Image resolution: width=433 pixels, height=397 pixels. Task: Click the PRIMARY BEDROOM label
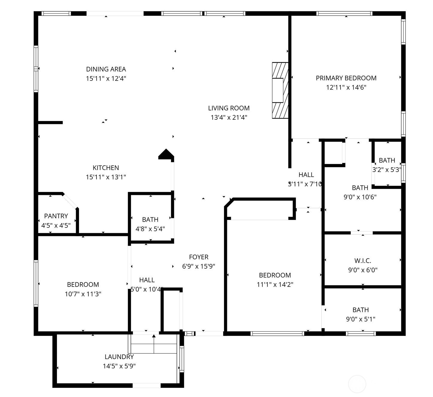click(x=346, y=78)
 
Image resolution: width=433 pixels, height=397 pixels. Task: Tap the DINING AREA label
click(x=106, y=69)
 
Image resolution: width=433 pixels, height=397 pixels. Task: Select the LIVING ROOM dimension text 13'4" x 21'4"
click(x=229, y=117)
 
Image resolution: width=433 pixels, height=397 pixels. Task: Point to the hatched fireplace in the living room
click(x=280, y=90)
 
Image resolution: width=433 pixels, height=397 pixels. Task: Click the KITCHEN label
click(x=106, y=168)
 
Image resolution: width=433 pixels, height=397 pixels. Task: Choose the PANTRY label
click(x=56, y=216)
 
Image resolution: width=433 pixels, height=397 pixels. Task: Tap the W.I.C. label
click(x=363, y=260)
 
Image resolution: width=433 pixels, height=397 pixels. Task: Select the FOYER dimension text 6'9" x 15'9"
click(x=199, y=266)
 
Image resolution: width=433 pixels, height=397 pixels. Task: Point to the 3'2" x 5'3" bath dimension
click(x=387, y=170)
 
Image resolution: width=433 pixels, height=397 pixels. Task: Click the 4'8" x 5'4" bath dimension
click(x=150, y=229)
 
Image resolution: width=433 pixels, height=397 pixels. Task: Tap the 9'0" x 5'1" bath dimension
click(x=361, y=319)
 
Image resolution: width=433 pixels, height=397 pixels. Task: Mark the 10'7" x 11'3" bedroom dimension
click(x=83, y=294)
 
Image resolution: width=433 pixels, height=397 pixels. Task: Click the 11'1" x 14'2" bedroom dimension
click(x=275, y=284)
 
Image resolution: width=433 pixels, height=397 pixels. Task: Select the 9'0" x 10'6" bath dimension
click(x=360, y=197)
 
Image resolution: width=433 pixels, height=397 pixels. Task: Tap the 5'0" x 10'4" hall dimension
click(x=147, y=289)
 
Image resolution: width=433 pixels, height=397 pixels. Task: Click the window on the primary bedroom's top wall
click(x=344, y=13)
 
